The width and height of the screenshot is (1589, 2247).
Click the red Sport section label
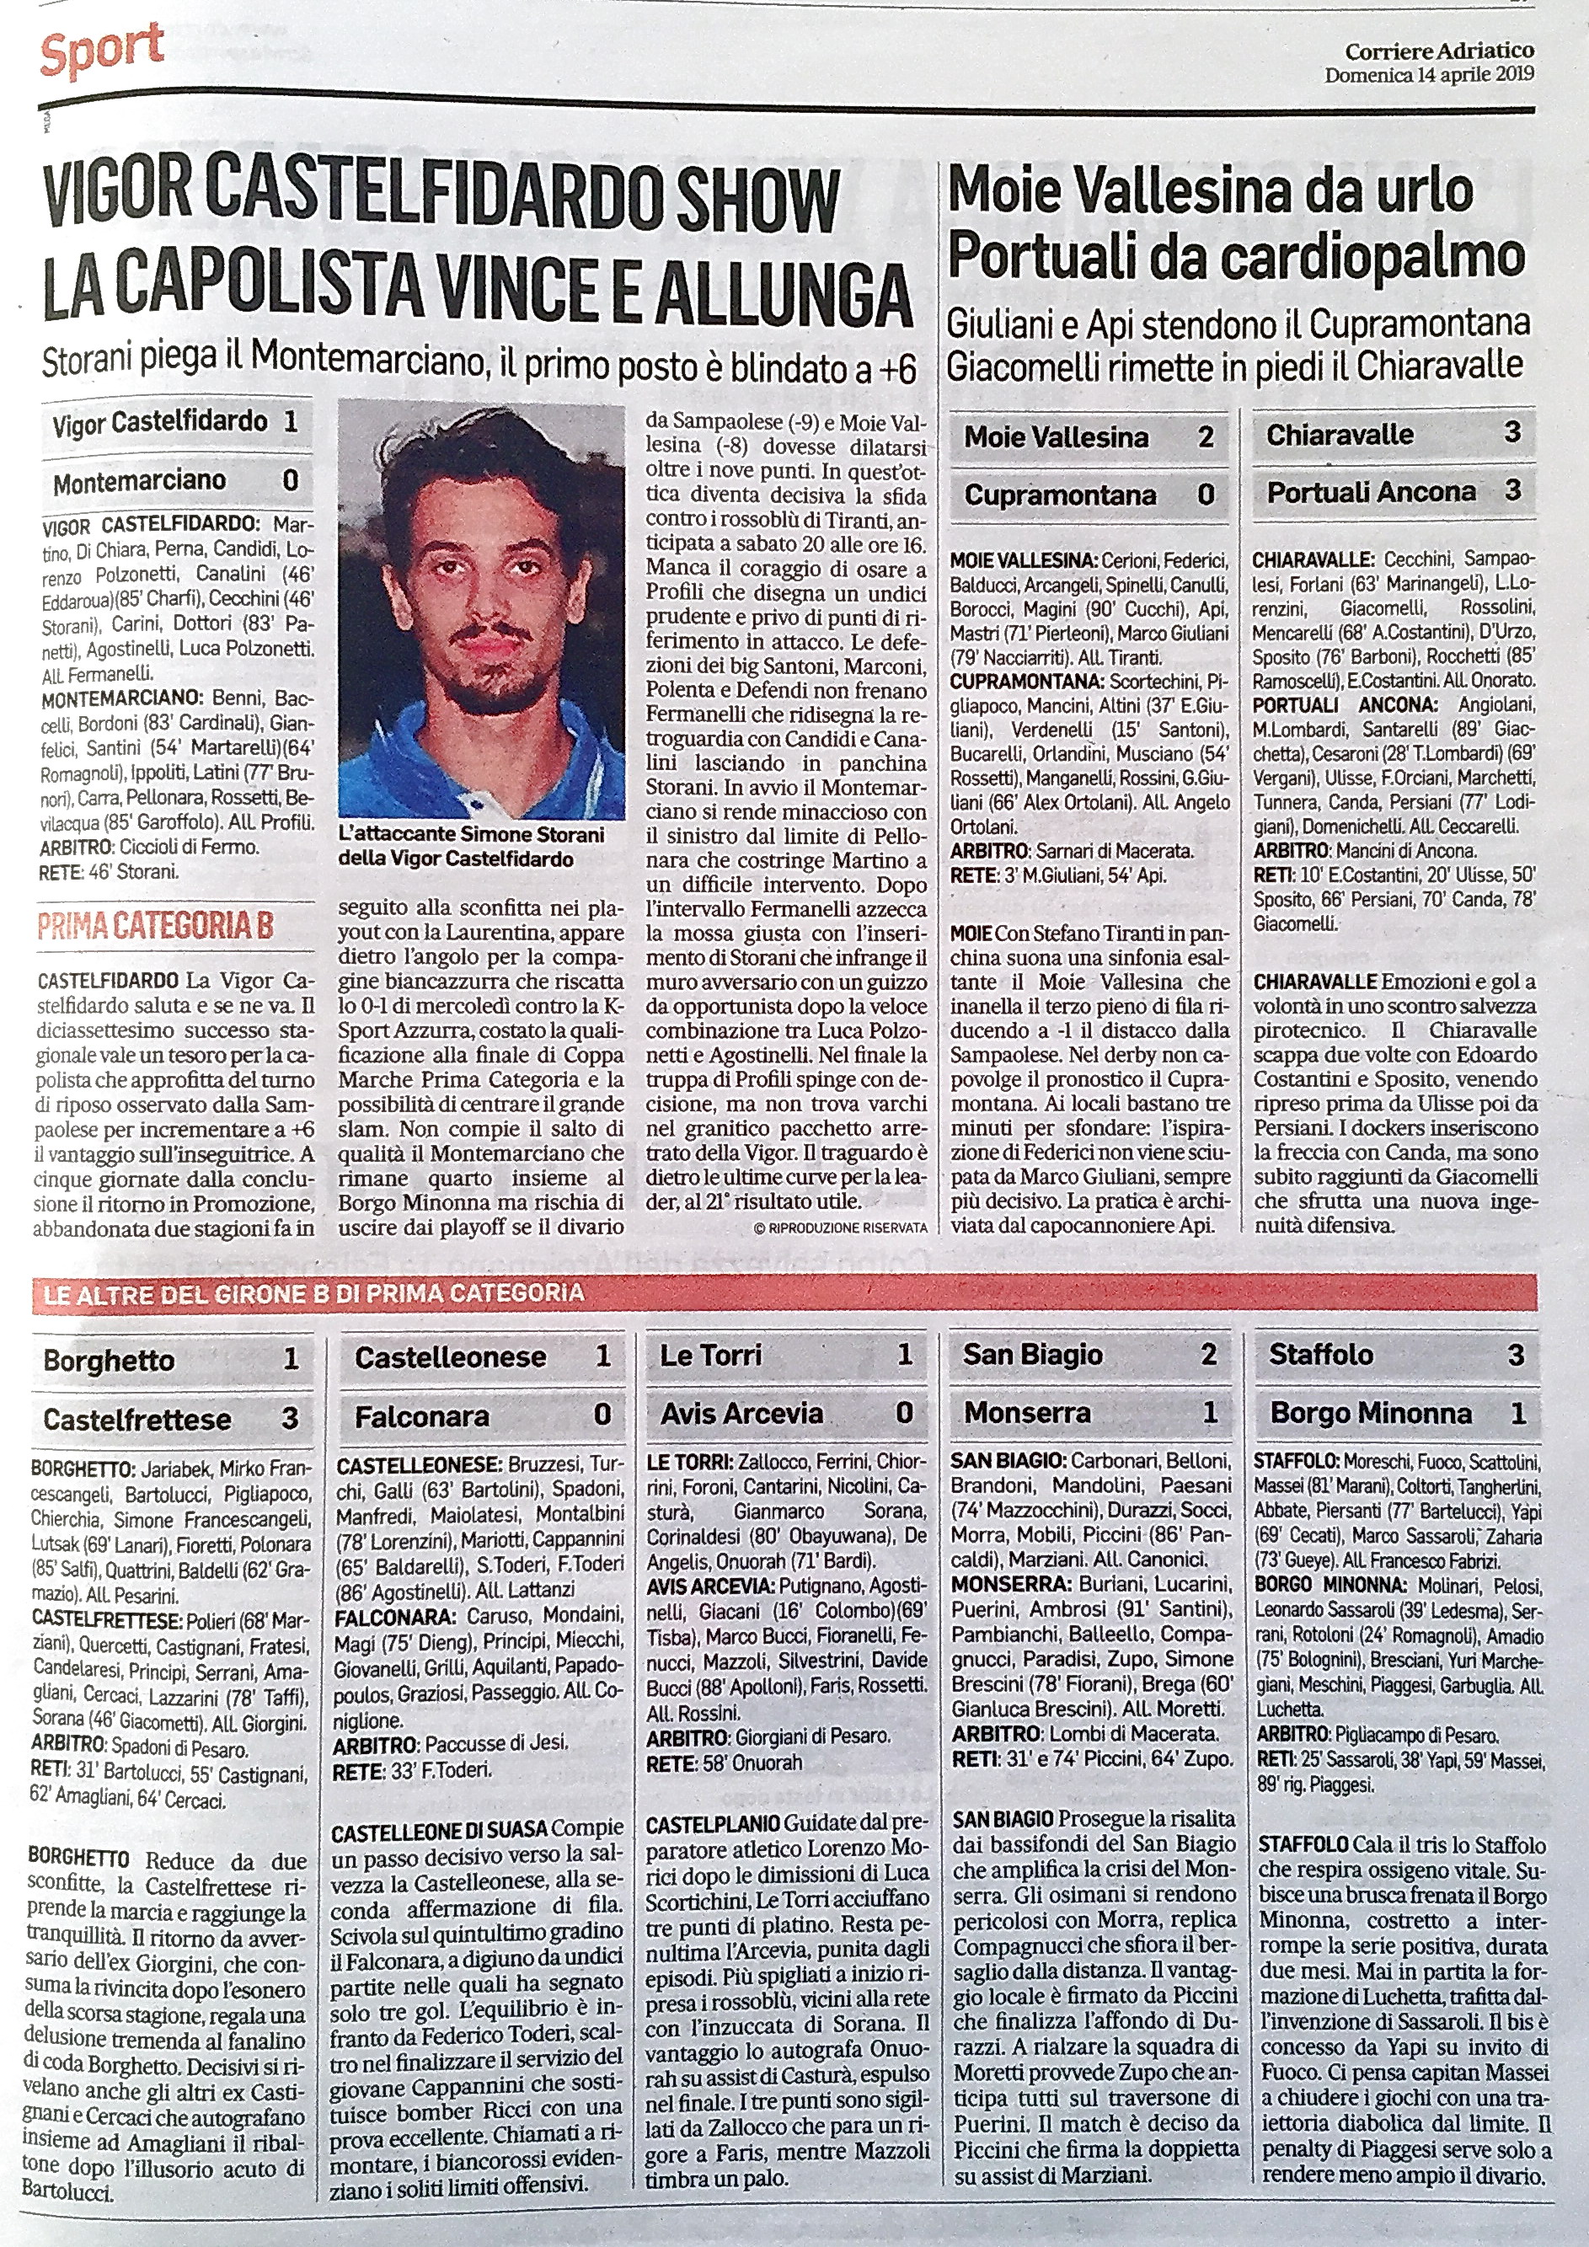(102, 49)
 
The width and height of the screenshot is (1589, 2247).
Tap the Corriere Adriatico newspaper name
(1439, 51)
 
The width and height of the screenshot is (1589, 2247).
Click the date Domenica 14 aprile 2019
(1430, 75)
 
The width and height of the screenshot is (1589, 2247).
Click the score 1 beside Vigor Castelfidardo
(290, 423)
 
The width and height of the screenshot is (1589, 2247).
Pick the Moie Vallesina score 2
(1206, 436)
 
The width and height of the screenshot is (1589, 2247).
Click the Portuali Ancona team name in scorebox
(1371, 491)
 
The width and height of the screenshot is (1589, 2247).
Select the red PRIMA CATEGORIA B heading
(154, 926)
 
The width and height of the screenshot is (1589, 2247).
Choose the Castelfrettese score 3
(290, 1418)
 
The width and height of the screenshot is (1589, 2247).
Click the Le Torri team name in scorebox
(710, 1355)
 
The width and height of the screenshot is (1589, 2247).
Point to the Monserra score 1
(1209, 1412)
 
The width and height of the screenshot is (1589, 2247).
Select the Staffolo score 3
(1515, 1355)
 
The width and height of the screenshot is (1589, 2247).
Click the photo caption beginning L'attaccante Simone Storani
(469, 847)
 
